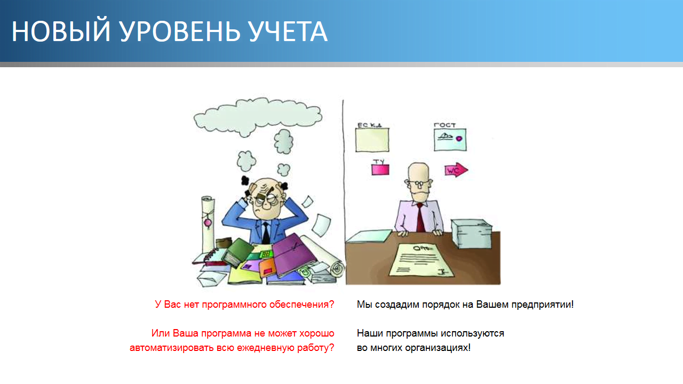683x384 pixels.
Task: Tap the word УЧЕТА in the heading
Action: coord(288,32)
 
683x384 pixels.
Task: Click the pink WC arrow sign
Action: coord(455,170)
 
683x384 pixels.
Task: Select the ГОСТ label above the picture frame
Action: coord(444,125)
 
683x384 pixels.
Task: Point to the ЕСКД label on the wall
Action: coord(369,125)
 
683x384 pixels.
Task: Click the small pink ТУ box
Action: coord(380,169)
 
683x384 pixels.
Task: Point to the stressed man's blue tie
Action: coord(266,233)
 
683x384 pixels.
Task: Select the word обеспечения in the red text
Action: coord(301,305)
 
